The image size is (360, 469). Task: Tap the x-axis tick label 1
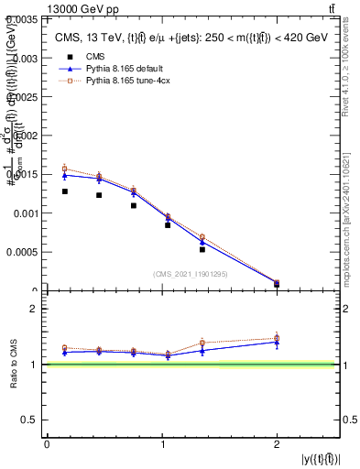click(162, 444)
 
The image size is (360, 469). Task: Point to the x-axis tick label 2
click(277, 444)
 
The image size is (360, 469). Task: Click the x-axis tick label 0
click(47, 444)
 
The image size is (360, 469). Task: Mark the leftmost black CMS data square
click(64, 191)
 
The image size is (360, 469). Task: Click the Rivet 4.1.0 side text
click(352, 73)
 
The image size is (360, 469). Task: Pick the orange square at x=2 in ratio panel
click(277, 338)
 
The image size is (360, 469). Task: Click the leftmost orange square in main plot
click(64, 169)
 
